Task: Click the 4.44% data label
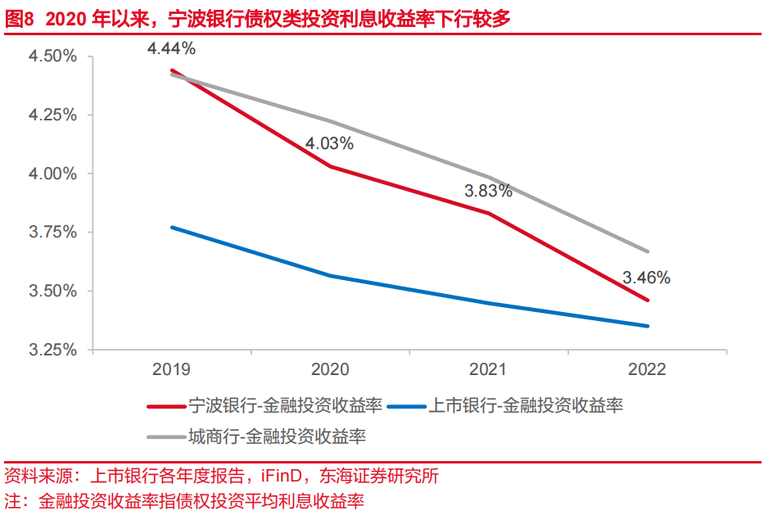click(x=171, y=48)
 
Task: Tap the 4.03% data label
click(x=329, y=144)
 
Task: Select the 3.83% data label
click(x=488, y=191)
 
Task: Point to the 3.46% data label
click(x=646, y=278)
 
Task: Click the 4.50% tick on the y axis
click(x=52, y=57)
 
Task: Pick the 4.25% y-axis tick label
click(x=52, y=115)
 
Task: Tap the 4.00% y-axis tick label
click(x=52, y=174)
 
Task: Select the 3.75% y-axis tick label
click(x=52, y=233)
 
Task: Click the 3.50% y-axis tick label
click(x=52, y=292)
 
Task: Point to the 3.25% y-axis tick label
click(x=52, y=350)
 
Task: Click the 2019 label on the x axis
click(x=171, y=369)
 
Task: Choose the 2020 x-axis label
click(x=329, y=369)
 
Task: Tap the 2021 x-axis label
click(x=488, y=369)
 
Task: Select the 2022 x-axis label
click(x=647, y=369)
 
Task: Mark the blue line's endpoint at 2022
click(x=648, y=326)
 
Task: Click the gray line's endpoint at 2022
click(x=648, y=251)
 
